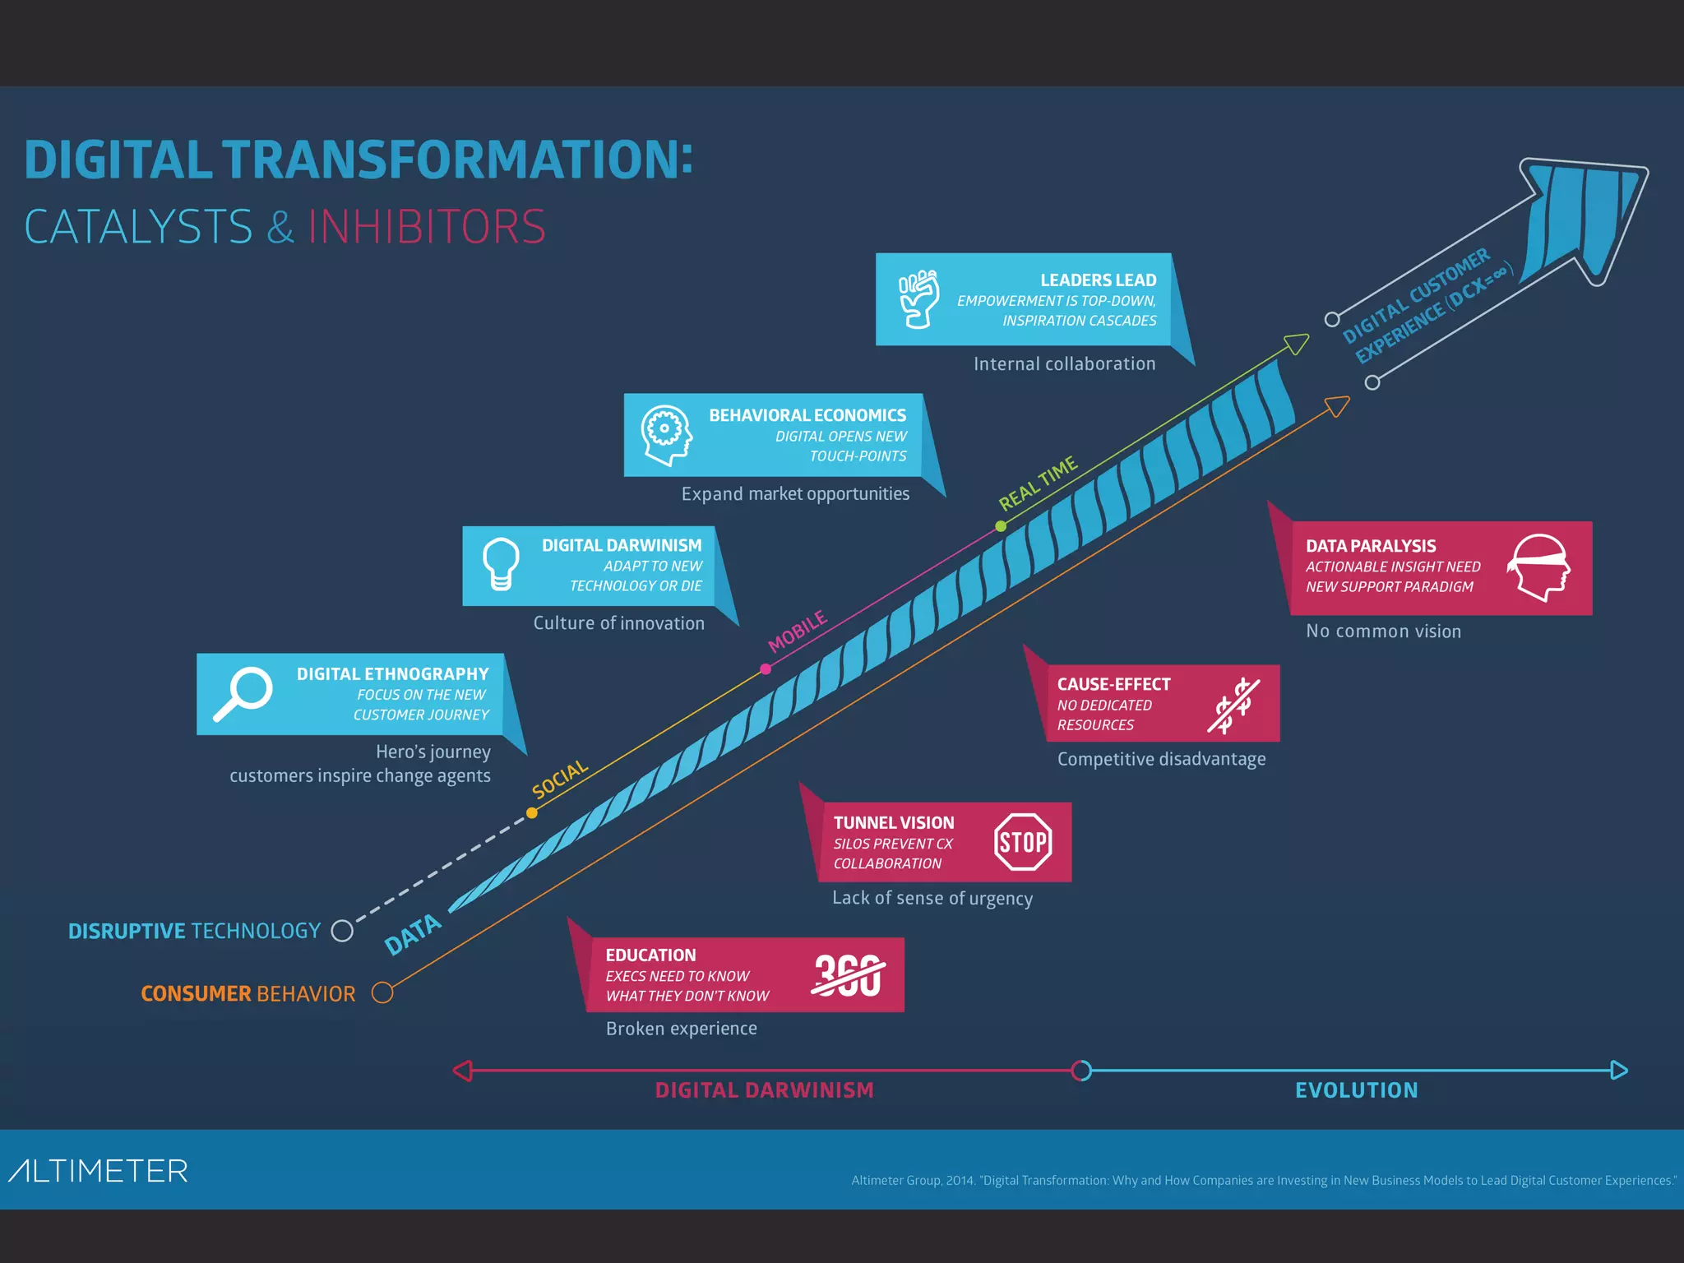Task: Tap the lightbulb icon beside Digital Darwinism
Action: [501, 564]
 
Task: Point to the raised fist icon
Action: [918, 298]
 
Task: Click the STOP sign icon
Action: [1023, 842]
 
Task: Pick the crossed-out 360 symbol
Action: [848, 976]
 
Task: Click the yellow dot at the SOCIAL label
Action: [532, 813]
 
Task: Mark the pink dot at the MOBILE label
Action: [766, 669]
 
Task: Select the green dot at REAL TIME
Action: [1001, 526]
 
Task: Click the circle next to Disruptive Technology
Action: [342, 931]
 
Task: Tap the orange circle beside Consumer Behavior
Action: [382, 992]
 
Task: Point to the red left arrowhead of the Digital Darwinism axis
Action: [463, 1071]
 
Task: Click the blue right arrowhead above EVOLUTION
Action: [1619, 1071]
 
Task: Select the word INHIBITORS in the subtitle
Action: [427, 227]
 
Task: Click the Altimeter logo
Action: [99, 1171]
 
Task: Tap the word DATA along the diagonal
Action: [413, 935]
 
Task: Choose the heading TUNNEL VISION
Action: [894, 823]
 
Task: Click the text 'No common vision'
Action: [1383, 631]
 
